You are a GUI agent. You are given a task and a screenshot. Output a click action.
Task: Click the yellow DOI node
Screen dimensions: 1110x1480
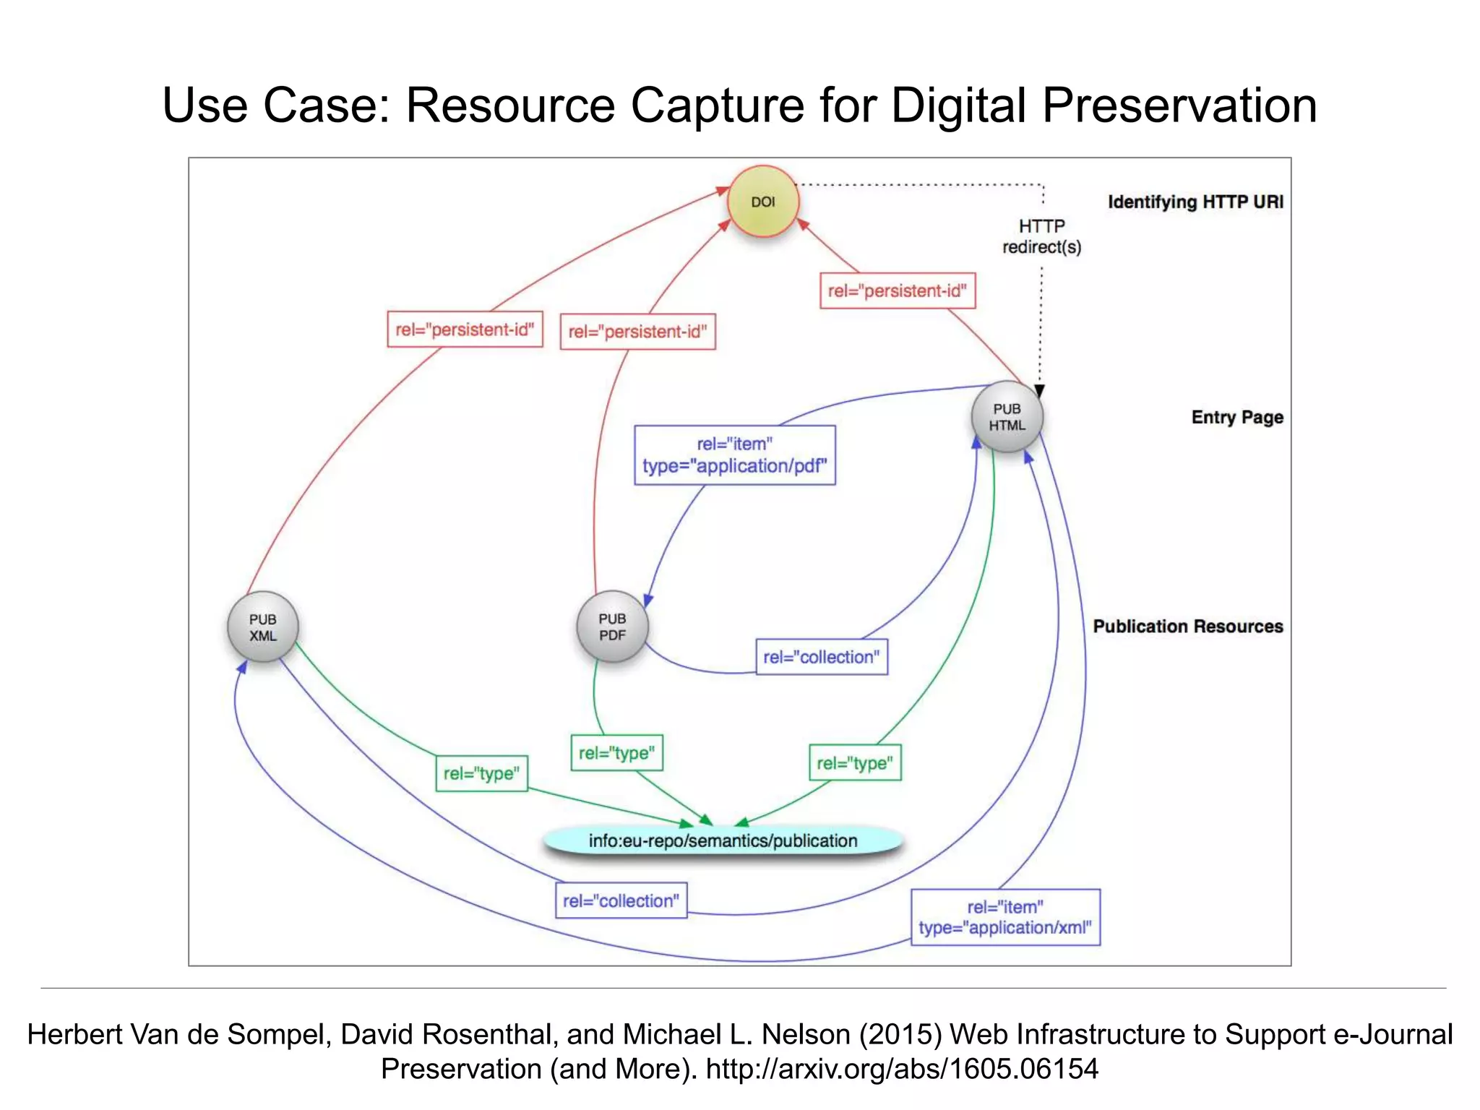pyautogui.click(x=763, y=202)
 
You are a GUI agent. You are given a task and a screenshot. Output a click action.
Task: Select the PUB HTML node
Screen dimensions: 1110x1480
pyautogui.click(x=1007, y=417)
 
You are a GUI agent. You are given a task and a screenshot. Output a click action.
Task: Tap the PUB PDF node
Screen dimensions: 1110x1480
pyautogui.click(x=612, y=627)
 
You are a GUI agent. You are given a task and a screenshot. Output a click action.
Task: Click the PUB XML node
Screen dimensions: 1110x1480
pyautogui.click(x=263, y=627)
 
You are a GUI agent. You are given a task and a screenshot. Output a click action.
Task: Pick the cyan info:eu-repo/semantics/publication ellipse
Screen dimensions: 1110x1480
pyautogui.click(x=723, y=840)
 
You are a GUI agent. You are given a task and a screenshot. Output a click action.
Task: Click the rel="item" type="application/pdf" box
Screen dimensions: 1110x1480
pyautogui.click(x=734, y=455)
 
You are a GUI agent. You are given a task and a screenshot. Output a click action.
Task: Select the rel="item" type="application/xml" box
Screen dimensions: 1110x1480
pyautogui.click(x=1005, y=917)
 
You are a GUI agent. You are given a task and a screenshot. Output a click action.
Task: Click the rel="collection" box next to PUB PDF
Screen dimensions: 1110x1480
pyautogui.click(x=821, y=657)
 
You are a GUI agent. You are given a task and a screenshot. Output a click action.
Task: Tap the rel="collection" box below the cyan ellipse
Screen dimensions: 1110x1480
pyautogui.click(x=621, y=900)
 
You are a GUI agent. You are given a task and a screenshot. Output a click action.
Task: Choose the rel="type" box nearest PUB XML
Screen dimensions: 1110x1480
pyautogui.click(x=481, y=773)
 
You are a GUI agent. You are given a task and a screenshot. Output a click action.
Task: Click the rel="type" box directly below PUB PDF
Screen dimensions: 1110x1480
pyautogui.click(x=616, y=753)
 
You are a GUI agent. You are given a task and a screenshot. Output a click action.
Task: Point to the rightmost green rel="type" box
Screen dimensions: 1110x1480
pyautogui.click(x=854, y=763)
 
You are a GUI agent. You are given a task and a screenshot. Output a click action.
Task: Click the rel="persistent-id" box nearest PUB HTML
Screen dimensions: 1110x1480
pyautogui.click(x=897, y=291)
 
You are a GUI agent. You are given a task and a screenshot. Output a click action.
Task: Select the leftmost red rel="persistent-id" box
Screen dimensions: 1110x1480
pyautogui.click(x=465, y=330)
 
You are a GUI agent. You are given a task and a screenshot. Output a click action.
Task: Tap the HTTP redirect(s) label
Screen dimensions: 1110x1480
pyautogui.click(x=1041, y=236)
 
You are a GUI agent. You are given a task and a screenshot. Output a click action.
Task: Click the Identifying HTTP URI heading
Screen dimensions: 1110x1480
pyautogui.click(x=1195, y=202)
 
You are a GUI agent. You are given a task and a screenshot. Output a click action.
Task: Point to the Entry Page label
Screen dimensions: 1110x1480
pyautogui.click(x=1237, y=417)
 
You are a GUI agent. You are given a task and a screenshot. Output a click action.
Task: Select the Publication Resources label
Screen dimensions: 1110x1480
pyautogui.click(x=1187, y=626)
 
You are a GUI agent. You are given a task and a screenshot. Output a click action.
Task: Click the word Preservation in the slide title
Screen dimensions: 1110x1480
pyautogui.click(x=1179, y=106)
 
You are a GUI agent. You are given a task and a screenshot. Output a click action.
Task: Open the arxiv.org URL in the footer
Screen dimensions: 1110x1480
pyautogui.click(x=902, y=1069)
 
